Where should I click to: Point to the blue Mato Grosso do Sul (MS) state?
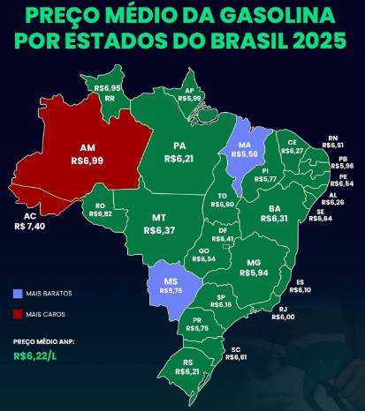[168, 282]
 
